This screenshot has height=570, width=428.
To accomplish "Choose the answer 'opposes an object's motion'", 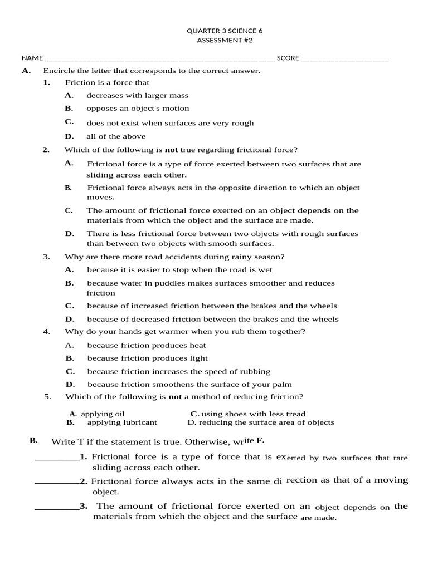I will [x=138, y=109].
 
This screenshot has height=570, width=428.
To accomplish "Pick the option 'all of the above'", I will [x=116, y=136].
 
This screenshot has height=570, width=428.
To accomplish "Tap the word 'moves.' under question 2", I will [x=101, y=198].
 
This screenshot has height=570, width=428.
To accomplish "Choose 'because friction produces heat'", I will [x=147, y=345].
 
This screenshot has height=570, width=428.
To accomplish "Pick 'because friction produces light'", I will [x=147, y=358].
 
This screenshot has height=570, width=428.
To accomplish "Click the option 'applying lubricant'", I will [x=122, y=422].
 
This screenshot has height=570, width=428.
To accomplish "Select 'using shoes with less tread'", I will [x=253, y=414].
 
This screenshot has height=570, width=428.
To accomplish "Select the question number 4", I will [x=47, y=332].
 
